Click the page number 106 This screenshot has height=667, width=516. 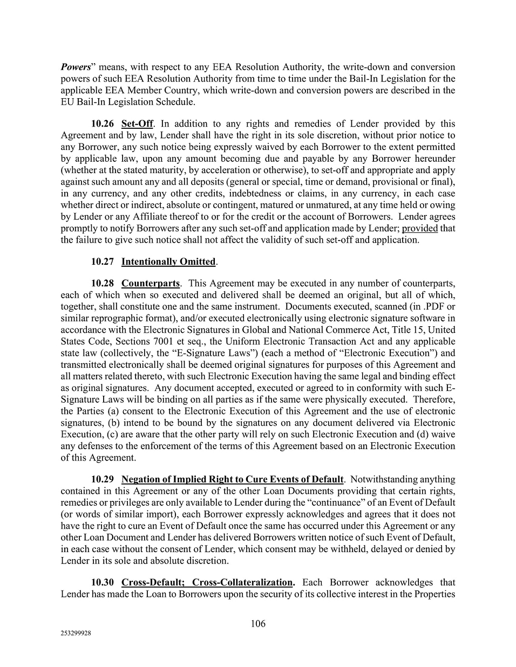pos(258,624)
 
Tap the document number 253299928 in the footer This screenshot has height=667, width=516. pos(76,634)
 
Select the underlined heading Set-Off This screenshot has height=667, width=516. pos(137,124)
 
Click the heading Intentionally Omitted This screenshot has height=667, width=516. pos(168,262)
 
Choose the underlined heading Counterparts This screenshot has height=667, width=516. pos(151,283)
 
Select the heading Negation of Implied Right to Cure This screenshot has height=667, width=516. pos(232,479)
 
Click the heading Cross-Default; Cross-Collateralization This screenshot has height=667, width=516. pos(208,582)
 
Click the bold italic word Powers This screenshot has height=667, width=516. pos(75,67)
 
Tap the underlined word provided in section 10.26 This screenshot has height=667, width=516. pos(419,228)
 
